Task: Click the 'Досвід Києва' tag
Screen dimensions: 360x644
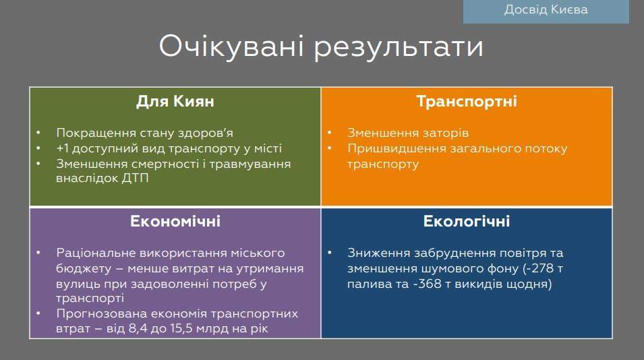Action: tap(546, 10)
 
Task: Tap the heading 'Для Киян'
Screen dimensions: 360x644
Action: tap(175, 102)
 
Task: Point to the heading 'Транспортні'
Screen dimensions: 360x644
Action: tap(466, 102)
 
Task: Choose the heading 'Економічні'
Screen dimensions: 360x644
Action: tap(175, 221)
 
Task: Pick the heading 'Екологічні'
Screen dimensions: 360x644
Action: tap(466, 221)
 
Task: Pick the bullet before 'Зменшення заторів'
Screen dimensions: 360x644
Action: tap(330, 133)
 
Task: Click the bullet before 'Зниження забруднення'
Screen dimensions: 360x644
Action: tap(330, 253)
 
